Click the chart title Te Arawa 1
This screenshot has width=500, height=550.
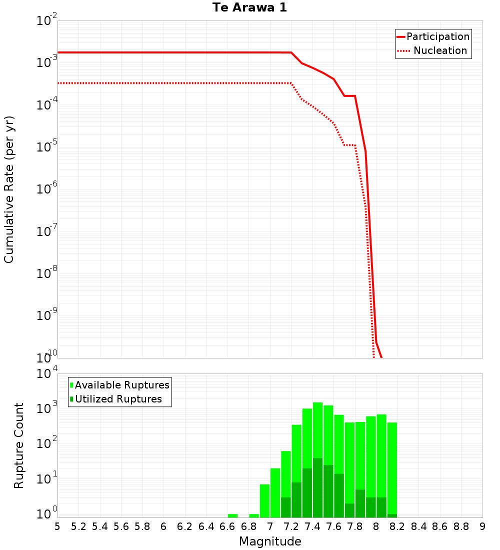(x=249, y=8)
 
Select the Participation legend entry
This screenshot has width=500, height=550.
(x=437, y=36)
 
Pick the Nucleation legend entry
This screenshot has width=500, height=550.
(x=440, y=50)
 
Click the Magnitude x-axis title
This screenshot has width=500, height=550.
(x=270, y=541)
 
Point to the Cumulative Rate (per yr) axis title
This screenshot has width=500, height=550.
(x=9, y=189)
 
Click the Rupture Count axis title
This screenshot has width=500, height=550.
(x=19, y=445)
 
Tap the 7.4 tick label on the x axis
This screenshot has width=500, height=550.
(x=312, y=526)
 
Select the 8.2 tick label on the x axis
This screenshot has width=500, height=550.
(x=397, y=526)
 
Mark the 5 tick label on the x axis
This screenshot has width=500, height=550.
(x=57, y=526)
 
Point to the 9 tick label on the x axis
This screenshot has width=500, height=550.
(x=482, y=526)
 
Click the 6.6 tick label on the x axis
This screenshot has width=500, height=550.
(x=227, y=526)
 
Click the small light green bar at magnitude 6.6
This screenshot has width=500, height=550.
(x=232, y=515)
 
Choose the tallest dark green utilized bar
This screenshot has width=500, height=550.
(x=317, y=487)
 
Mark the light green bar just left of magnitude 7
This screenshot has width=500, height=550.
(x=264, y=500)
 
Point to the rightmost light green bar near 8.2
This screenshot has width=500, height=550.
(x=392, y=467)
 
